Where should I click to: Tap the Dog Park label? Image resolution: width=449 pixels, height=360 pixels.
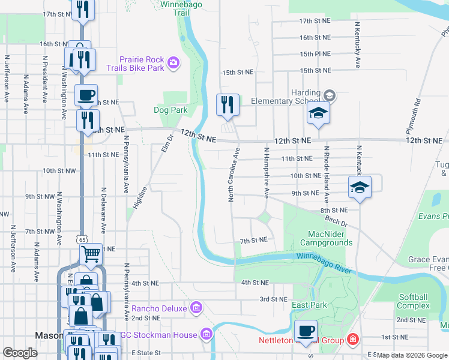tap(170, 110)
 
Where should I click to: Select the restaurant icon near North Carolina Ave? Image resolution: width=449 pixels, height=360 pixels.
tap(228, 104)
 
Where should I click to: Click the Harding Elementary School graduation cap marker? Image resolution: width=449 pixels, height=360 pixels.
tap(318, 113)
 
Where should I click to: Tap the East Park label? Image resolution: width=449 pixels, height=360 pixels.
tap(310, 305)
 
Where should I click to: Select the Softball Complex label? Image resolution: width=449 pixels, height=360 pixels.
tap(414, 301)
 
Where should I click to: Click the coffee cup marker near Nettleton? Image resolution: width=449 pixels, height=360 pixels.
tap(306, 331)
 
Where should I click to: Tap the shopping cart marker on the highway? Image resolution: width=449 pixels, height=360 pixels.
tap(91, 254)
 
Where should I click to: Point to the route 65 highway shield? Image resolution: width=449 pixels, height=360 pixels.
tap(81, 239)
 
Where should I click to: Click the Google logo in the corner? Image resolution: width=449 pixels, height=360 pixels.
tap(20, 353)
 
